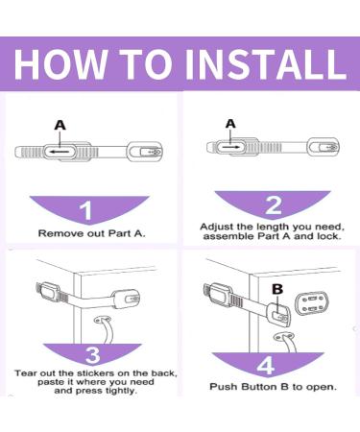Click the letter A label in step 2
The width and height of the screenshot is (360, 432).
(x=230, y=123)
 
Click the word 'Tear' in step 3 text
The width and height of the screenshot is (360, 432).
(x=26, y=372)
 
